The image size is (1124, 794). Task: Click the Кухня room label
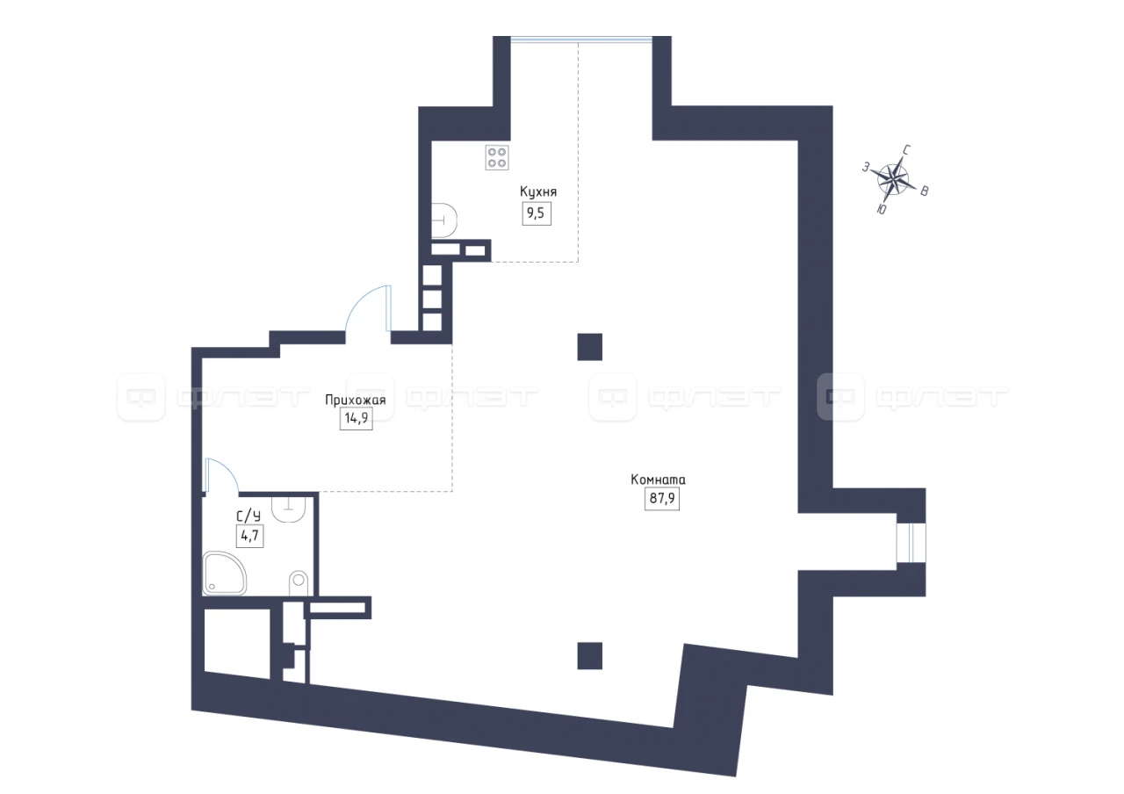(538, 192)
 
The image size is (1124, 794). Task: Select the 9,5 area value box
(537, 213)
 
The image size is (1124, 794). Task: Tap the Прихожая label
(356, 400)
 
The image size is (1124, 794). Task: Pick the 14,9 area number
(357, 418)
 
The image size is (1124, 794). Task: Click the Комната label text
(658, 480)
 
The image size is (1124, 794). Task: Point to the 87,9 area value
(662, 498)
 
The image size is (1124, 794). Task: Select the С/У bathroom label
(249, 516)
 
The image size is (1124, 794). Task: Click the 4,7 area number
(250, 536)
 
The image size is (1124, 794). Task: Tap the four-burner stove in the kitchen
(497, 157)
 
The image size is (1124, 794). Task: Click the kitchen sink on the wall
(444, 220)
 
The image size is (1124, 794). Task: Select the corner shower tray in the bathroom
(224, 574)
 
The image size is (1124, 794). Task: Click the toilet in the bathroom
(298, 584)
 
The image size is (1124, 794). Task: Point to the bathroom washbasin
(289, 509)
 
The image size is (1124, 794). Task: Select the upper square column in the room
(589, 347)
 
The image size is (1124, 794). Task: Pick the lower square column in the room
(589, 656)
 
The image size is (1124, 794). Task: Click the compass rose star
(893, 179)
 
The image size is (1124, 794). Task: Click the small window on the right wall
(911, 543)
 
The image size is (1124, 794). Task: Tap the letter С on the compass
(907, 149)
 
